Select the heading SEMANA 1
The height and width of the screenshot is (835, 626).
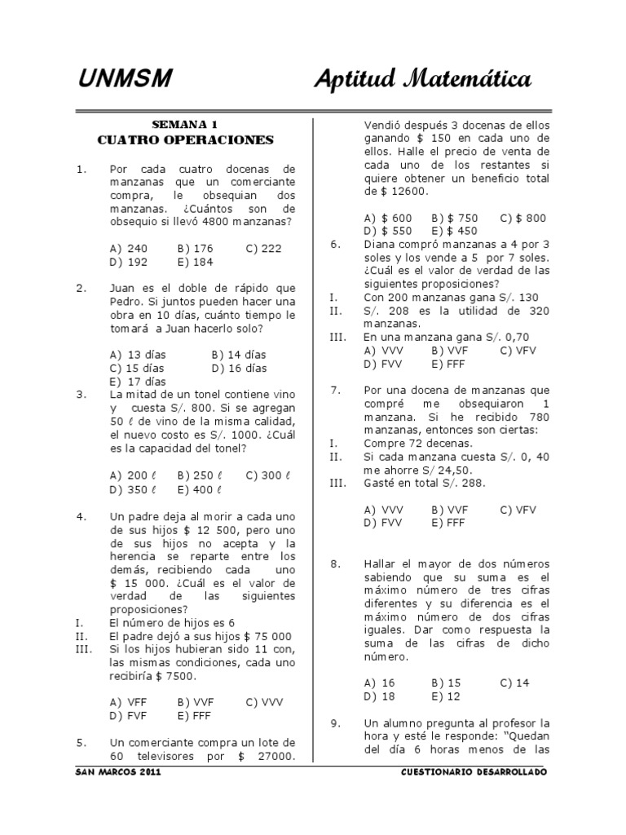point(185,125)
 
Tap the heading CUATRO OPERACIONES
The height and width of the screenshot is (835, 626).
point(185,140)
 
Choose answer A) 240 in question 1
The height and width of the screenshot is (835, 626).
point(128,249)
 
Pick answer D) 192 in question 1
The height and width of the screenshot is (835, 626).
point(128,262)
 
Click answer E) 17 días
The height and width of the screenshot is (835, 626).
point(137,381)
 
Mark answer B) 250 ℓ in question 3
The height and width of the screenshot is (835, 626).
point(200,475)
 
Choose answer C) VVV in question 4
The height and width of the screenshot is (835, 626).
point(263,701)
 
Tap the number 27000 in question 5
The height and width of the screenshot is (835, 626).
point(271,756)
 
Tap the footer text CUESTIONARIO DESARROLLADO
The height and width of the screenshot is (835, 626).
point(474,771)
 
